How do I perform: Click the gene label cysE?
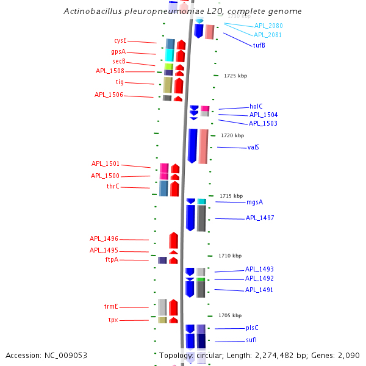120,40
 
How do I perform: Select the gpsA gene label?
118,51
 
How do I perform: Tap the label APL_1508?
110,71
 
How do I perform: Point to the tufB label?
259,45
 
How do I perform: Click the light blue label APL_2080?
268,26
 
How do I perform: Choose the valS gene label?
253,147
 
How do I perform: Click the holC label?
256,106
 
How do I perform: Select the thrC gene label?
113,186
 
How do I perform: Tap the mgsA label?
254,202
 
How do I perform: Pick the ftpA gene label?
112,259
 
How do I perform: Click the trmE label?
110,306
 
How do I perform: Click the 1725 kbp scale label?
235,76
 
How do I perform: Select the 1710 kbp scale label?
230,256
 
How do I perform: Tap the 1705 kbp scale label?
230,315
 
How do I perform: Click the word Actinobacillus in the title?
91,12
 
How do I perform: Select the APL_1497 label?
260,218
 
